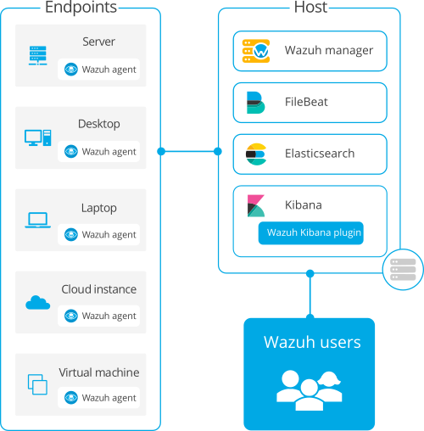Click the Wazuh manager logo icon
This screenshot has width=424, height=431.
click(256, 51)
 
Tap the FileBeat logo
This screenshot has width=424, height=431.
click(255, 103)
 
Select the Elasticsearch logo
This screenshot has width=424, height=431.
click(256, 154)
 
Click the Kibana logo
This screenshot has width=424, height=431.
click(256, 205)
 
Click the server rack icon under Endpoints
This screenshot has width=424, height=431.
click(38, 55)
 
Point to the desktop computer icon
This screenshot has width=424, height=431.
click(38, 137)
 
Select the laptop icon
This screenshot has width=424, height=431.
click(38, 220)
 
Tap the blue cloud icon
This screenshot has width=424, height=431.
click(38, 303)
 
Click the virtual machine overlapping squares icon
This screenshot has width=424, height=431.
click(37, 384)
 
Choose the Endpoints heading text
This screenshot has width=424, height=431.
click(81, 7)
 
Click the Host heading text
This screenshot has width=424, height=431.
click(310, 7)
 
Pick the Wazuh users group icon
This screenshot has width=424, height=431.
click(310, 390)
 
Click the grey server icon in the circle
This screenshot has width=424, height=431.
click(403, 270)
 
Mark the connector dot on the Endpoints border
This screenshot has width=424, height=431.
click(161, 152)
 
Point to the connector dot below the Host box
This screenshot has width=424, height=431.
click(310, 273)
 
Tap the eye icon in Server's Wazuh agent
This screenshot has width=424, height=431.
click(71, 70)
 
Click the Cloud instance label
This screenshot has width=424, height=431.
click(99, 289)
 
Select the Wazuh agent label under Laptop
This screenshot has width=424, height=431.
click(109, 235)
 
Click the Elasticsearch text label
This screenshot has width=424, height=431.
click(320, 154)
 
